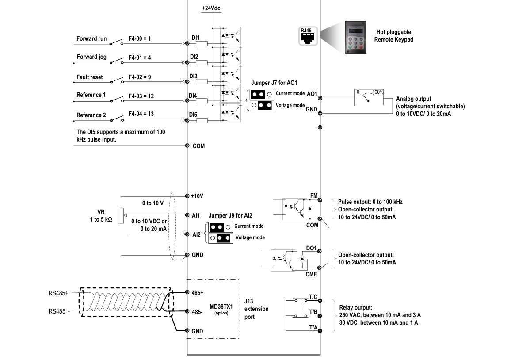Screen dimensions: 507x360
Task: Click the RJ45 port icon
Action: pos(308,36)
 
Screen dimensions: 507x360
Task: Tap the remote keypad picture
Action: pos(356,37)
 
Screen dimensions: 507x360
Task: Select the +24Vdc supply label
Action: pos(211,8)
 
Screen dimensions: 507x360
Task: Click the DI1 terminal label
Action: pos(196,38)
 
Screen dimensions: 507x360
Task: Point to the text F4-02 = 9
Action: pos(140,77)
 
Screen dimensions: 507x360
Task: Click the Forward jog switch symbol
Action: pos(116,61)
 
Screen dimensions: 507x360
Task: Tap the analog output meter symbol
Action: pos(369,98)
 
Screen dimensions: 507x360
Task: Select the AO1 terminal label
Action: pos(312,94)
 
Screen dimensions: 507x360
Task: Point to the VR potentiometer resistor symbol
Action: pos(121,215)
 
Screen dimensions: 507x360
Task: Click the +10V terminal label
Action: pos(197,196)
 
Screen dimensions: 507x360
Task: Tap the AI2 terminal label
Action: pos(197,234)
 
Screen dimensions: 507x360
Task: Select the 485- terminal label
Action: pos(197,312)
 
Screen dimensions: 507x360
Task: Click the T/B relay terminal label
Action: pos(313,312)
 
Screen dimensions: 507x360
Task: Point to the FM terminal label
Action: pos(314,195)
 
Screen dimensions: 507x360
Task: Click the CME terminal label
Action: pos(311,274)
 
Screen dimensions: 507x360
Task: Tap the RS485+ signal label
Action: pos(58,293)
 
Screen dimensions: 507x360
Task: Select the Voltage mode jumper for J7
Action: pos(262,105)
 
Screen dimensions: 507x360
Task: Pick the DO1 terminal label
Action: pos(311,249)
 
